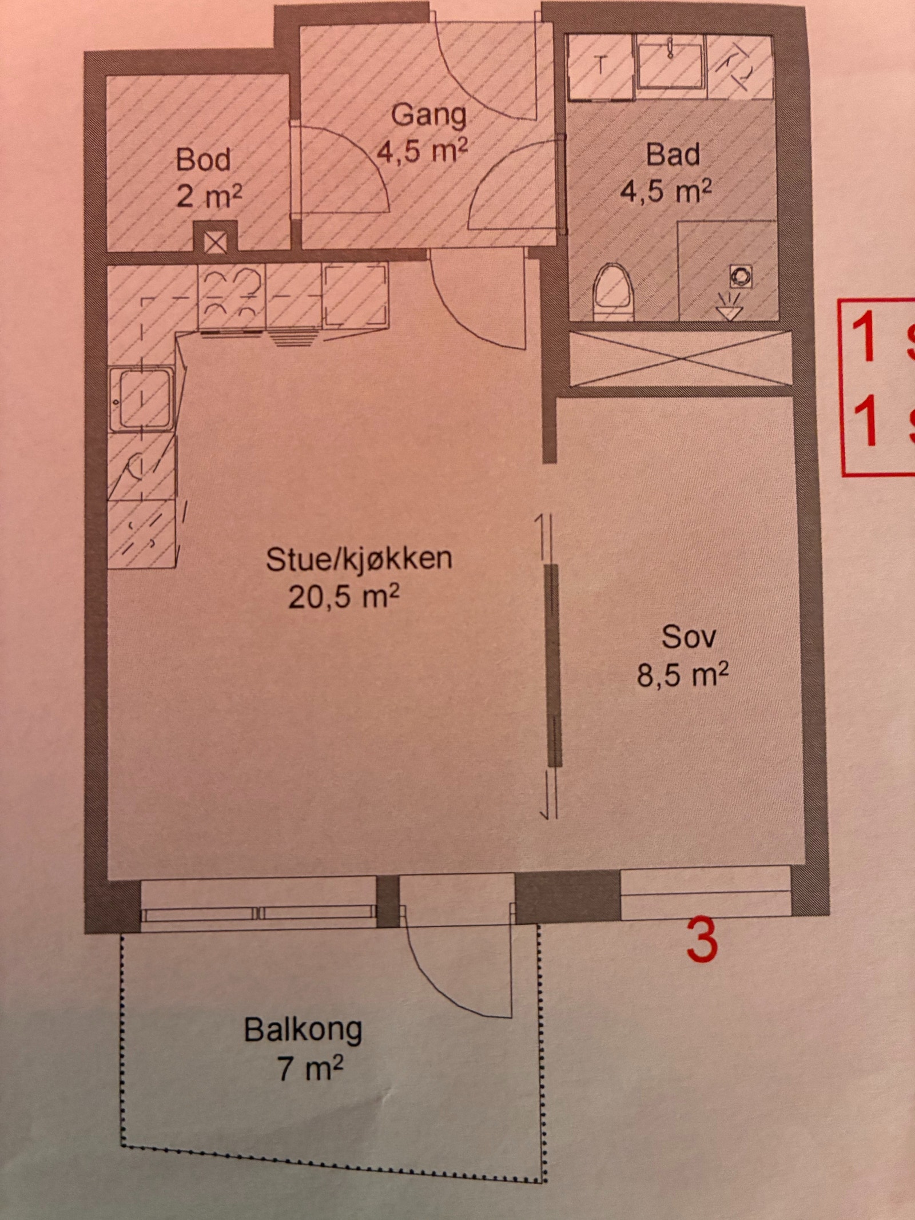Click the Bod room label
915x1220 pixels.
(204, 160)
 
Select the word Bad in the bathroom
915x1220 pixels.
(673, 155)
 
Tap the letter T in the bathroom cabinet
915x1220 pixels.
(600, 66)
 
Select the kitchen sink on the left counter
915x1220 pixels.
(141, 398)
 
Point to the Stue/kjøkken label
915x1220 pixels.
(359, 559)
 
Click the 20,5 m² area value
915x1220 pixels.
(343, 598)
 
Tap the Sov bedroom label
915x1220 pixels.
(688, 637)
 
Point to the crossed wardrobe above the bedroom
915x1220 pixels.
(681, 358)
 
